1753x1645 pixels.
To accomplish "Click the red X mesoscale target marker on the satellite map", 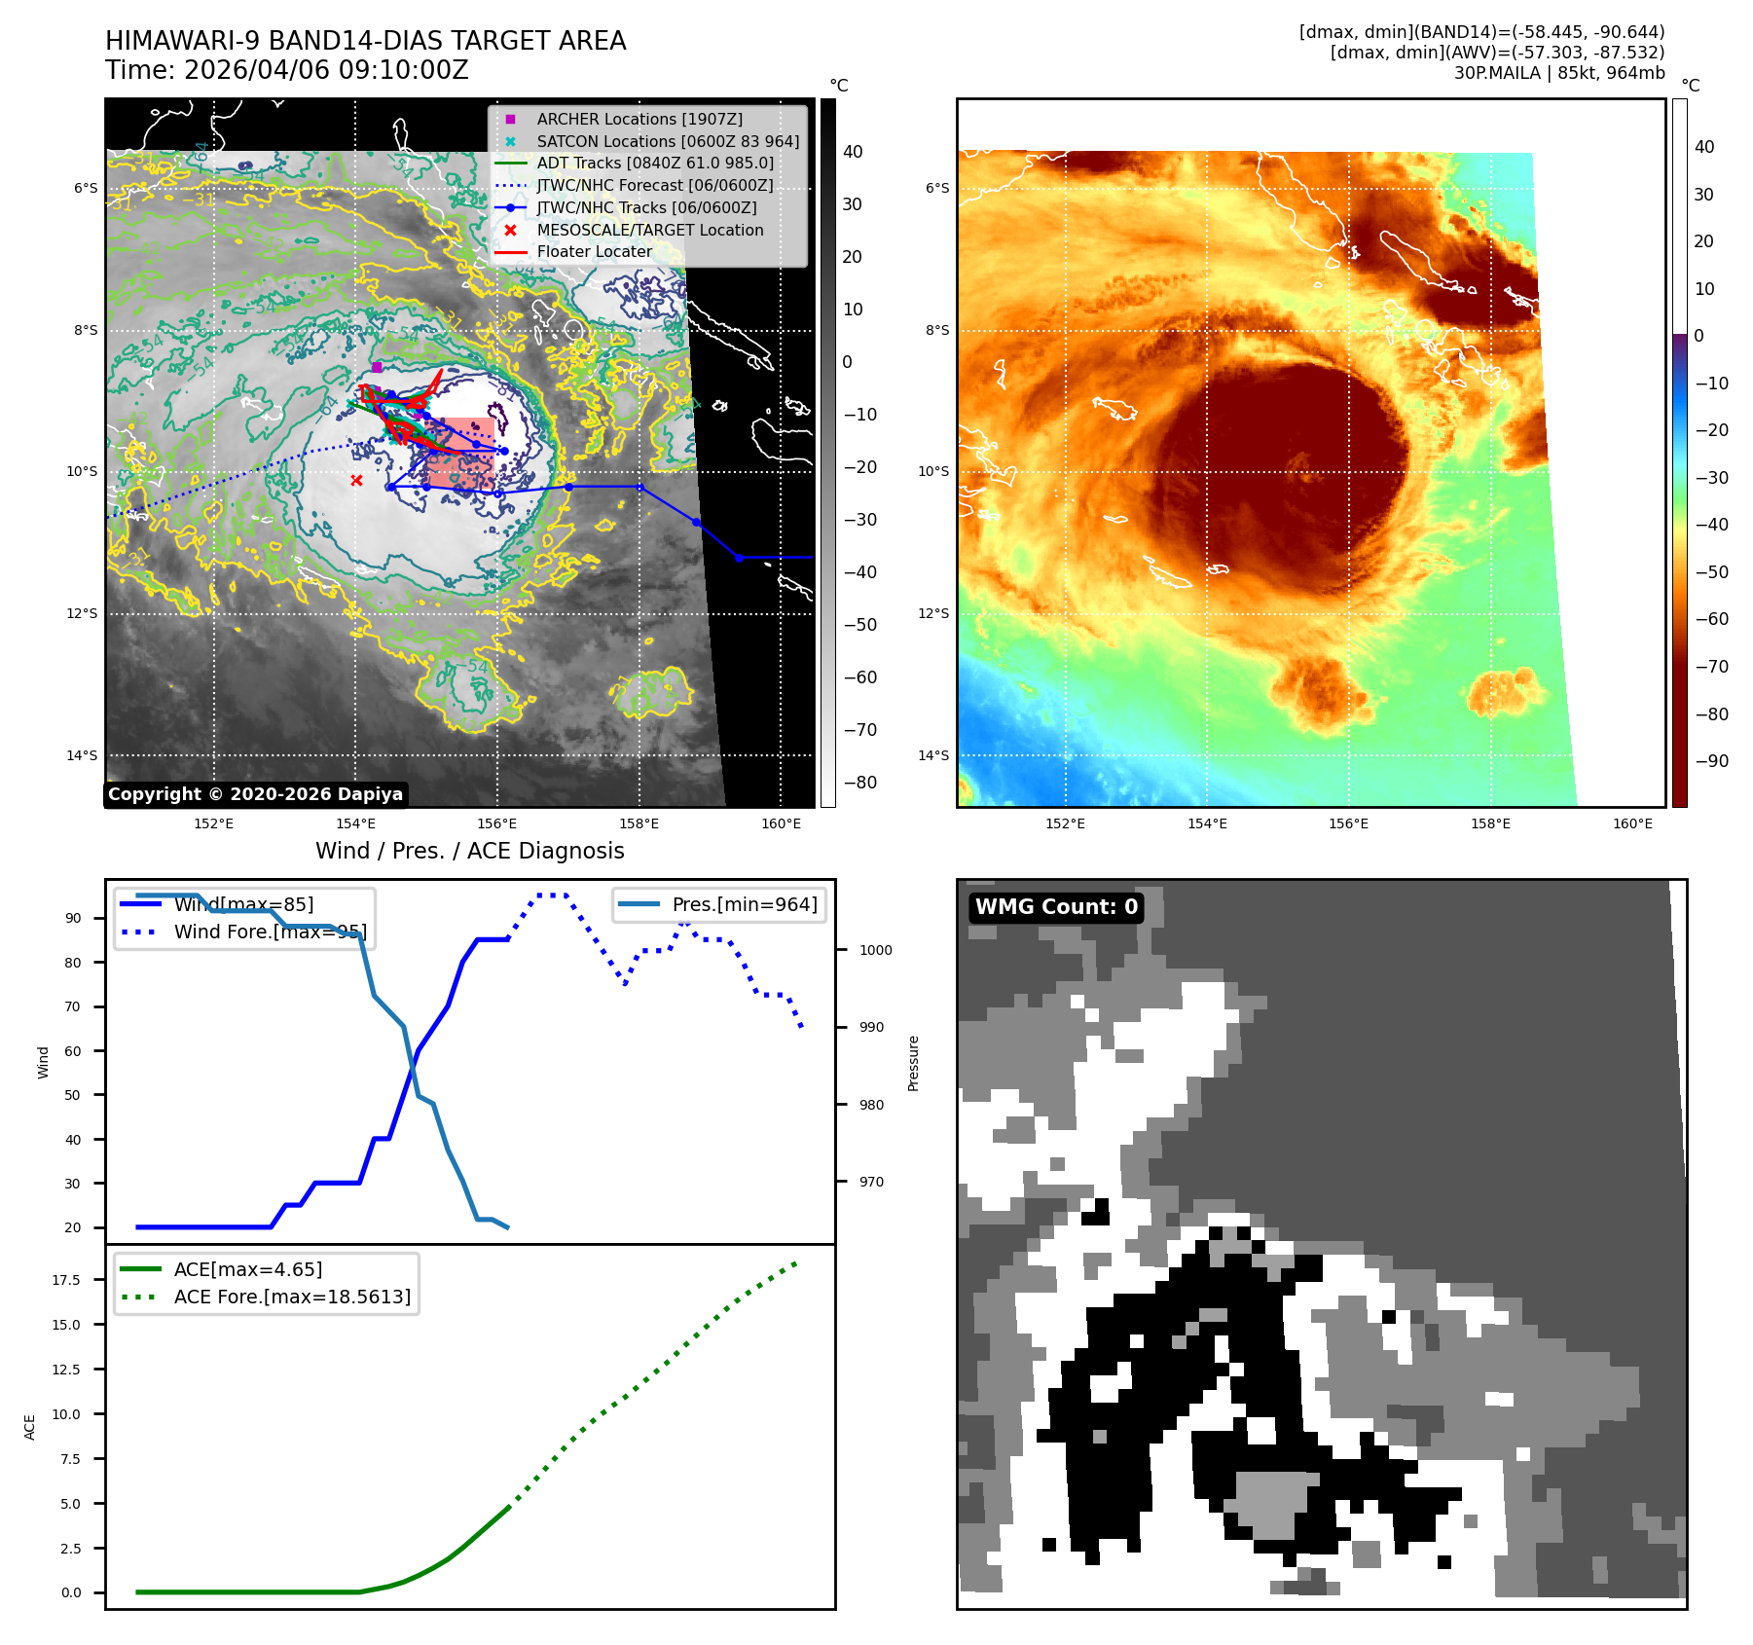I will point(356,481).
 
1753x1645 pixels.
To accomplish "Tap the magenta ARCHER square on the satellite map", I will point(377,367).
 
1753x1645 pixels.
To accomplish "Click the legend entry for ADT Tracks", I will point(654,164).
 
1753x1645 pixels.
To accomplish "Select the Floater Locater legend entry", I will point(594,252).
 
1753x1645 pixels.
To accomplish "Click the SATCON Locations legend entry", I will point(667,142).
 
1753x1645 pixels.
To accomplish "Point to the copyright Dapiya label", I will point(255,794).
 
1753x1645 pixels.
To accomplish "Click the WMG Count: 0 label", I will point(1056,907).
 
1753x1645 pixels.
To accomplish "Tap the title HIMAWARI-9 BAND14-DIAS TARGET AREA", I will point(365,41).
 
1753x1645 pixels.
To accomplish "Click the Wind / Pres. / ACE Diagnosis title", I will point(469,852).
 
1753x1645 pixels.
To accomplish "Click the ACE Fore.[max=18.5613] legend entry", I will point(291,1298).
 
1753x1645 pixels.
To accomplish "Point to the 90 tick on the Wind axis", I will point(73,919).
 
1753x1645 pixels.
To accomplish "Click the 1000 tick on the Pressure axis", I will point(875,951).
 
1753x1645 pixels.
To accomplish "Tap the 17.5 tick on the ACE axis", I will point(66,1280).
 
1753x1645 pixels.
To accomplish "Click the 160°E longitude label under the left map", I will point(781,824).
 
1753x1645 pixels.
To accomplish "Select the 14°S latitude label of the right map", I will point(936,756).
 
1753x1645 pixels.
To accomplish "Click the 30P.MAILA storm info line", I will point(1558,73).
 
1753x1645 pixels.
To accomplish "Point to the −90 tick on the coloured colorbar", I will point(1711,761).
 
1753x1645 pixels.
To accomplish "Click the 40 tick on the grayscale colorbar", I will point(853,152).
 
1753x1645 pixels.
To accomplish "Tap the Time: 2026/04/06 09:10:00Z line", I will point(287,71).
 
